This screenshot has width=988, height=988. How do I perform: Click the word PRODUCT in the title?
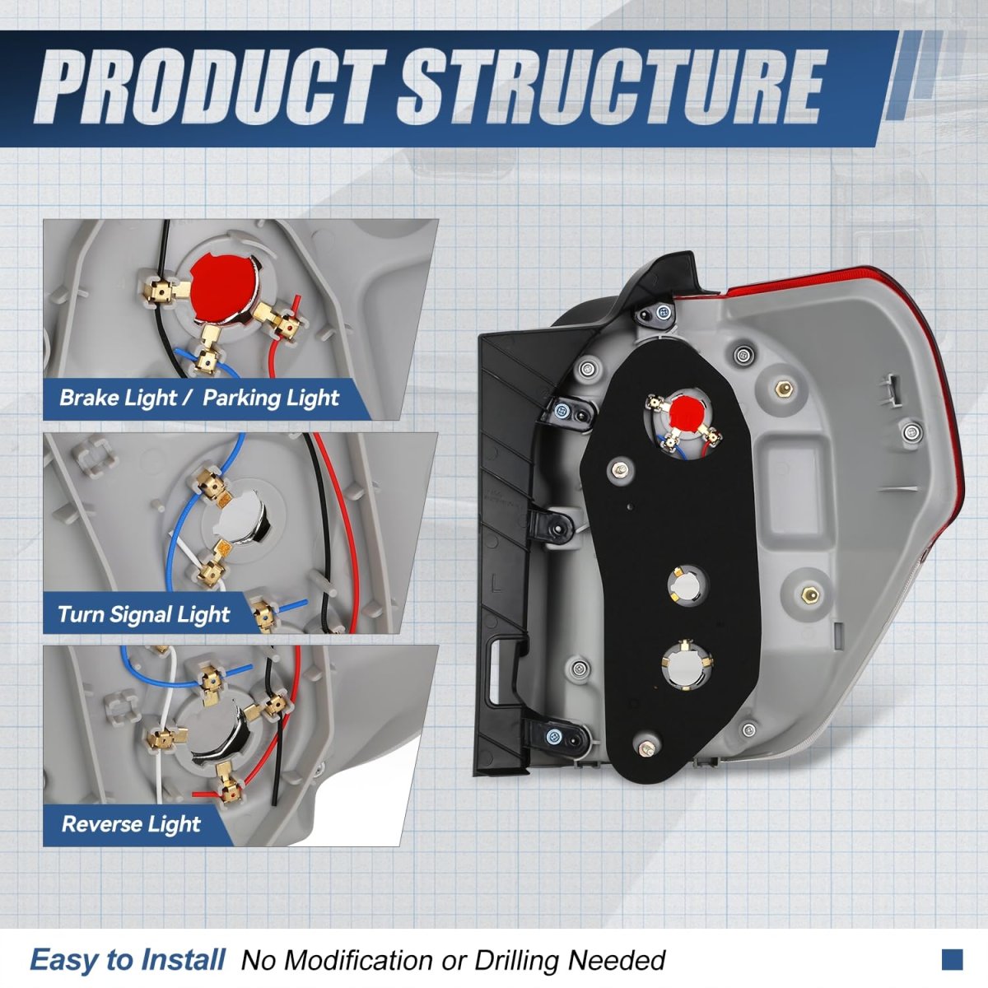click(210, 86)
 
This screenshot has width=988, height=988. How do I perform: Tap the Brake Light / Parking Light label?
click(198, 398)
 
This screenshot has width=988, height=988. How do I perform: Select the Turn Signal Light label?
click(143, 614)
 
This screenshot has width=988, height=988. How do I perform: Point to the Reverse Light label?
click(131, 823)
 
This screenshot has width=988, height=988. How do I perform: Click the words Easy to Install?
click(127, 960)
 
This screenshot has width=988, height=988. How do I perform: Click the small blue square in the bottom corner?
click(952, 958)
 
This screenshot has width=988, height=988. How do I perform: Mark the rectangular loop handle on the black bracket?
click(503, 672)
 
